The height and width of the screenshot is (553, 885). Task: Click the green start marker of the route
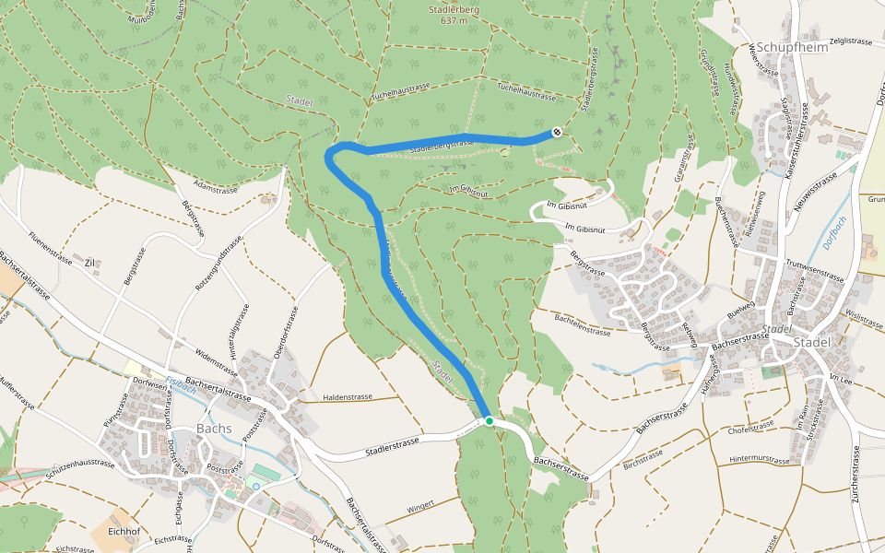(490, 421)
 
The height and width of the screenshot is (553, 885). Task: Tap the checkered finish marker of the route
(557, 133)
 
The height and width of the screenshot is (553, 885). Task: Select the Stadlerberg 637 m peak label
(454, 15)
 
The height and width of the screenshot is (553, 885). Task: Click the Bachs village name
(214, 429)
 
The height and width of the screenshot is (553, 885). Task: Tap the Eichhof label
(124, 531)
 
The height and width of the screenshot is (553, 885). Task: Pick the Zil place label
(90, 263)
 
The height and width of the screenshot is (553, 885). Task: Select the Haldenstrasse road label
(348, 397)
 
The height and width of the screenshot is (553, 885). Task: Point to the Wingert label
(419, 505)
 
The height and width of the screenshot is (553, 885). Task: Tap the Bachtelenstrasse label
(583, 324)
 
